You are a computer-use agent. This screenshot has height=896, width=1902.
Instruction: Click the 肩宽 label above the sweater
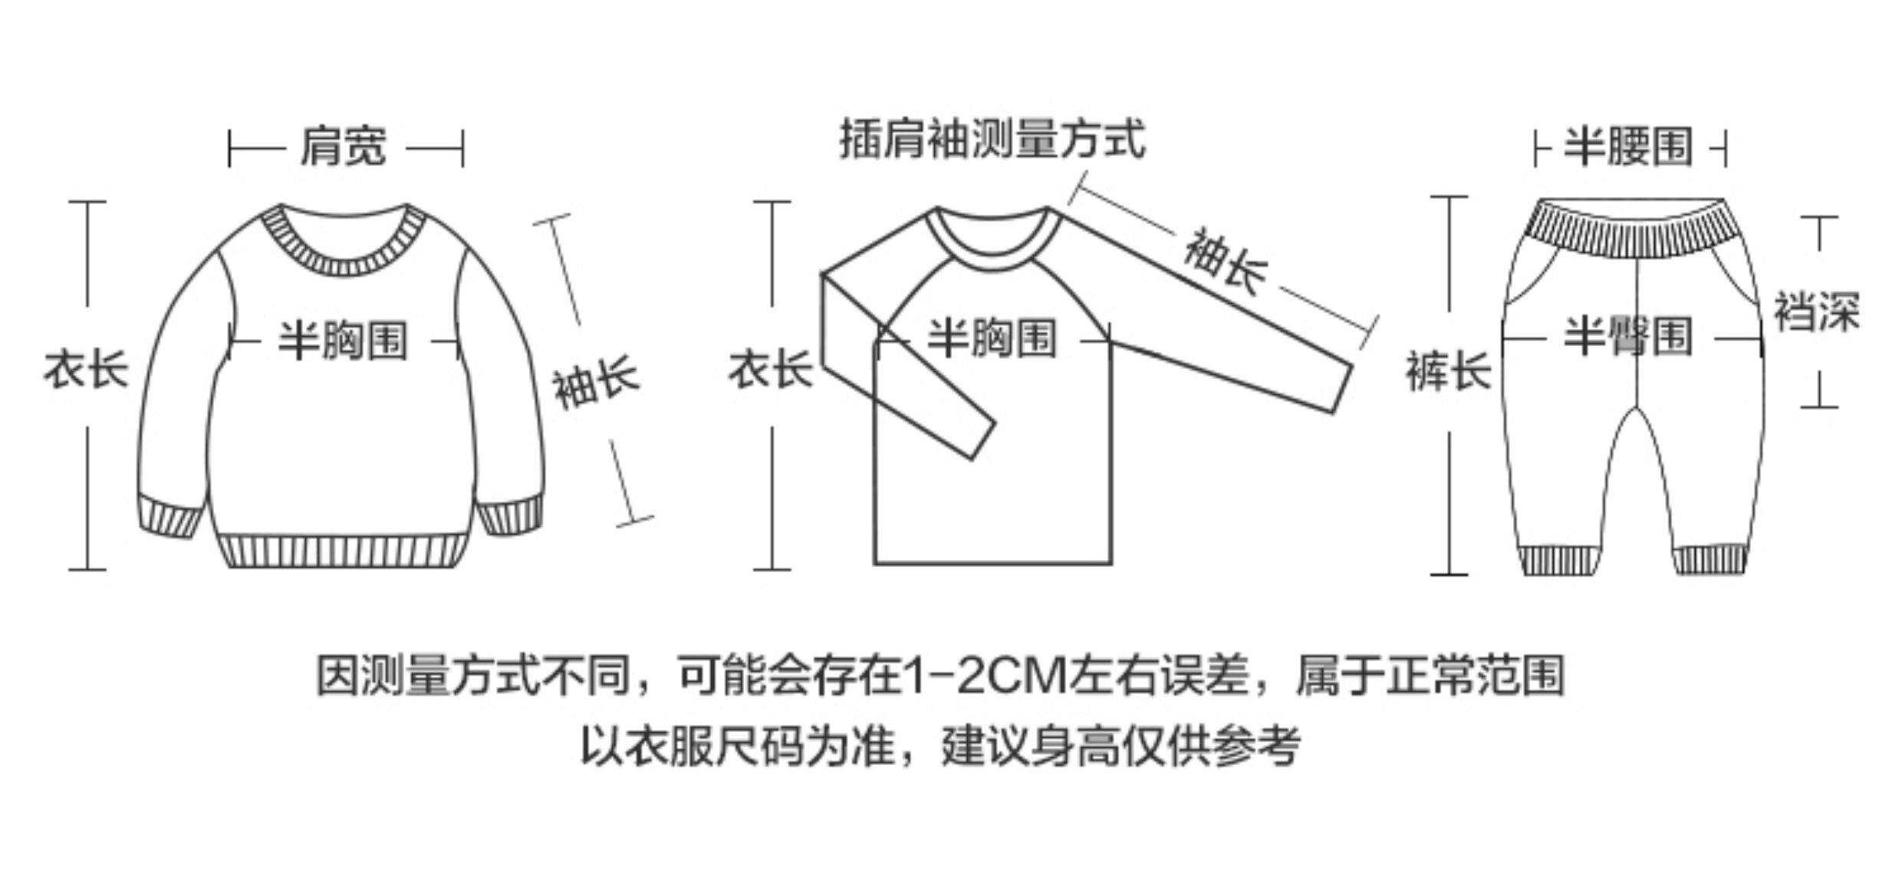click(x=343, y=147)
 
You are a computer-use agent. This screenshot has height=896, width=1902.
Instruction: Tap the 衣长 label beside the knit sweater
click(x=86, y=369)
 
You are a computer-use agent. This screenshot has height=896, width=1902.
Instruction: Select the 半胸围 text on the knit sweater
click(x=343, y=340)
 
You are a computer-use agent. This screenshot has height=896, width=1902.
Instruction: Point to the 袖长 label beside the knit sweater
click(x=596, y=381)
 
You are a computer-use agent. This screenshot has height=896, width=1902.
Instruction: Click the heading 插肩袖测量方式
click(x=992, y=139)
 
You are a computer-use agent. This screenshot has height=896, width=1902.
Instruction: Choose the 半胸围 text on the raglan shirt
click(x=992, y=338)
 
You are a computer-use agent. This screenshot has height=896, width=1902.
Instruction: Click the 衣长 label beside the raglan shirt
click(x=770, y=369)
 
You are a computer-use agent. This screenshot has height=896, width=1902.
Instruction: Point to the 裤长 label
click(x=1448, y=371)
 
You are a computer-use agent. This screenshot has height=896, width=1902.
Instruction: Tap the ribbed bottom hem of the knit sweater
click(x=343, y=552)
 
